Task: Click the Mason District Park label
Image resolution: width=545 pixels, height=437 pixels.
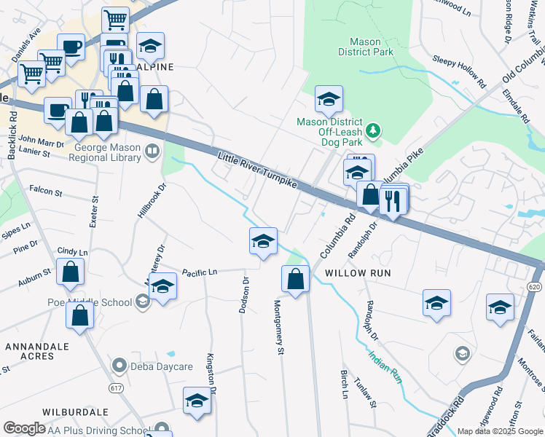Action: point(366,47)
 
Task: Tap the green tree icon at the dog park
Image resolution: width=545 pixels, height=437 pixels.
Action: point(374,130)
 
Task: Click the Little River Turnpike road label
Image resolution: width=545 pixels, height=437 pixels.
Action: point(257,169)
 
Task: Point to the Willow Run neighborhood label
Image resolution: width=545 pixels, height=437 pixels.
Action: point(358,272)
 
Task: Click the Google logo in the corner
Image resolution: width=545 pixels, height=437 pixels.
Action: point(25,428)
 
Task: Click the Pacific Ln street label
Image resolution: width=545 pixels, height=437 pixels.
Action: point(200,272)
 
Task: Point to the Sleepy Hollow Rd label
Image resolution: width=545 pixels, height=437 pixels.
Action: point(459,69)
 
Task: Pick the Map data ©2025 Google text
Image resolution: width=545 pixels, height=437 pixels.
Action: point(499,431)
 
